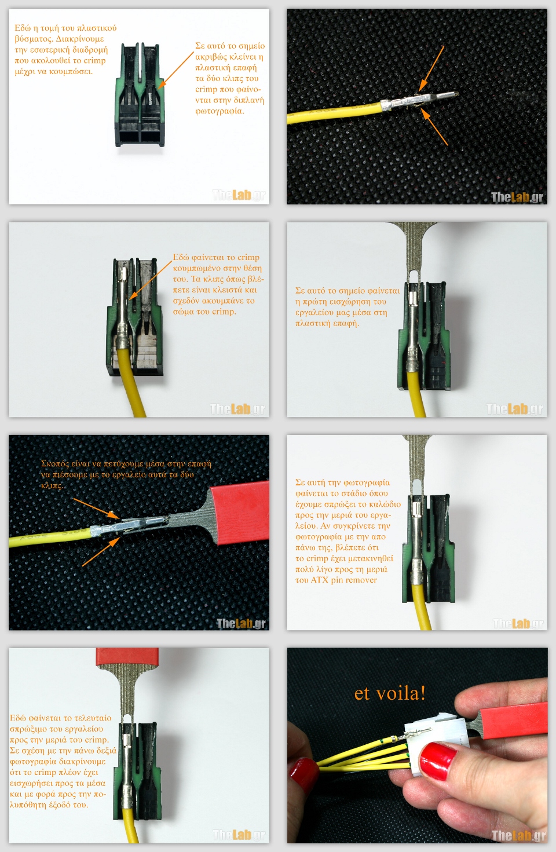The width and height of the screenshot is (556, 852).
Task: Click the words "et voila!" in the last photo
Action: [390, 693]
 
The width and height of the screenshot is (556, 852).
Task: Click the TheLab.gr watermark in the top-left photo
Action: [239, 195]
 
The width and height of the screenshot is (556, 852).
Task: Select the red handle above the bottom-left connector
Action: [127, 657]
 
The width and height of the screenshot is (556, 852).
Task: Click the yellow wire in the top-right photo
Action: [334, 114]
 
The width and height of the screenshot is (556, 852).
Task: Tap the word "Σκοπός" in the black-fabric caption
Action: [55, 464]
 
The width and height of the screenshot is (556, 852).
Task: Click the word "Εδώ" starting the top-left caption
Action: [22, 28]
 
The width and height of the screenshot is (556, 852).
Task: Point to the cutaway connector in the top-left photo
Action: [140, 95]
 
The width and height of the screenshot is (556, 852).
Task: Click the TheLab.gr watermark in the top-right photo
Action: [517, 197]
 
